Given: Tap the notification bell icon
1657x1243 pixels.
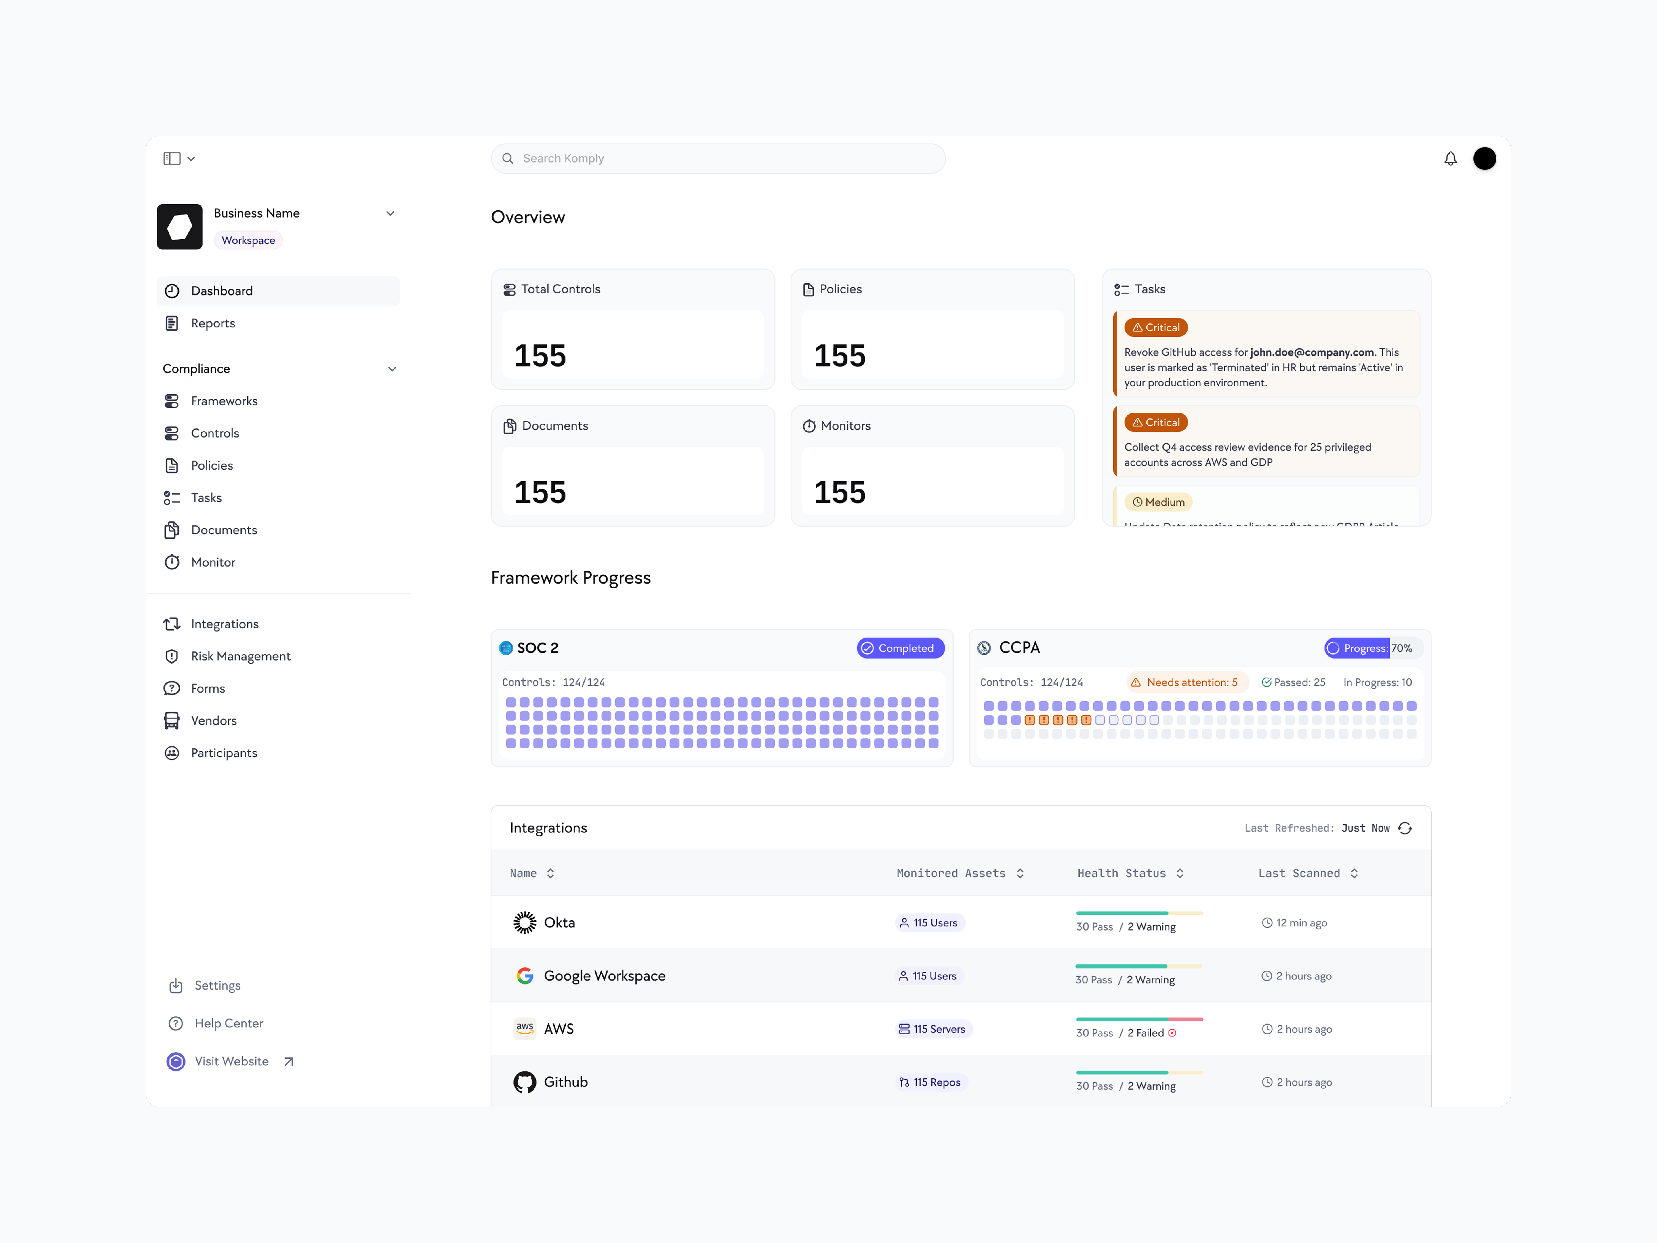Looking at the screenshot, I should click(1450, 159).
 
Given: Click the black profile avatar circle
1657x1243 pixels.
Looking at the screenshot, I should click(1484, 159).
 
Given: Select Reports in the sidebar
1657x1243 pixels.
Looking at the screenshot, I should click(213, 323).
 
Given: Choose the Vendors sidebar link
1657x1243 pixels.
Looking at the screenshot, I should click(213, 721).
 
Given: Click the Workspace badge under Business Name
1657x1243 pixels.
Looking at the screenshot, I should click(248, 241).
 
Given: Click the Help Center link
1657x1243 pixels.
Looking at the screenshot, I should click(228, 1023).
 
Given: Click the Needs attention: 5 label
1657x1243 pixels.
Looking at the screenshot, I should click(1187, 682).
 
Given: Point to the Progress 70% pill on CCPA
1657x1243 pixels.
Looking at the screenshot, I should click(1372, 648).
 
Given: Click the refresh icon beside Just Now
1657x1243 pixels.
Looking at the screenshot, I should click(1405, 828).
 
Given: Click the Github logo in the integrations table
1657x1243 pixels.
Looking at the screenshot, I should click(524, 1082).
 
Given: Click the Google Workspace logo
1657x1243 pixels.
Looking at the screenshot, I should click(524, 975).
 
